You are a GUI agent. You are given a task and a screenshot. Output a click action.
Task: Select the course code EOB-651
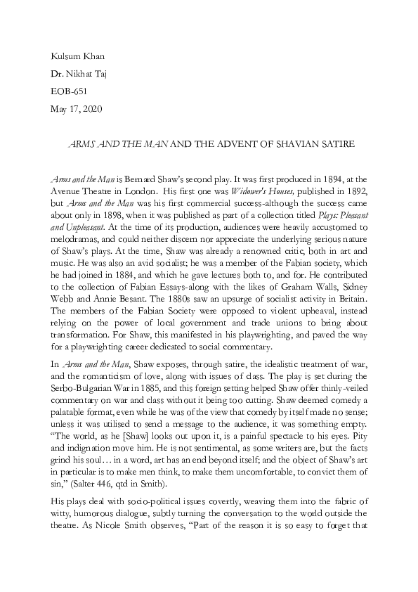[70, 91]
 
